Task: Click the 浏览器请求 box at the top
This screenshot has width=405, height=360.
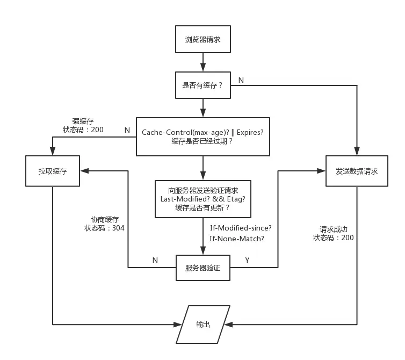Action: (203, 39)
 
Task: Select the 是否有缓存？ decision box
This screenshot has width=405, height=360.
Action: (203, 85)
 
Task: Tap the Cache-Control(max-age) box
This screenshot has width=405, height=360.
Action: (202, 136)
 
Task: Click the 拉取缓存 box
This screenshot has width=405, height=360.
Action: (53, 171)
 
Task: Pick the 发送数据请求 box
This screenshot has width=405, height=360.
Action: (357, 171)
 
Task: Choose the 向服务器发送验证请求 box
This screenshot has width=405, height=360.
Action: (202, 199)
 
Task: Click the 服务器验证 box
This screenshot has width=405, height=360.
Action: (202, 268)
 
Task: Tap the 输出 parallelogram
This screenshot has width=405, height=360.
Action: (203, 325)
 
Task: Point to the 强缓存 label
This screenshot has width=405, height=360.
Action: (83, 121)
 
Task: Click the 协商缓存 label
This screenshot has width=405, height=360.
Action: (105, 219)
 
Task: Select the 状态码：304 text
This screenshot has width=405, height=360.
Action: (104, 228)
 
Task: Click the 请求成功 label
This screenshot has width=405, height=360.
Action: (334, 229)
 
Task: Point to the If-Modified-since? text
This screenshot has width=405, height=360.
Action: (241, 228)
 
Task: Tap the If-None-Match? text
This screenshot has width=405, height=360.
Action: (237, 239)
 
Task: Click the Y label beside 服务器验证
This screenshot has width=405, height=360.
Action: (248, 260)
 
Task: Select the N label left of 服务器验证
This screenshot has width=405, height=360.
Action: (155, 260)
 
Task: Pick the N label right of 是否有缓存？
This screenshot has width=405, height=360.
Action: (241, 80)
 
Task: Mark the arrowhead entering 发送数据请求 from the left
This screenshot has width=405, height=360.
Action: (322, 171)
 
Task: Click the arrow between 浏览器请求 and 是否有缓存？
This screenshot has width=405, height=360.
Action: (203, 62)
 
